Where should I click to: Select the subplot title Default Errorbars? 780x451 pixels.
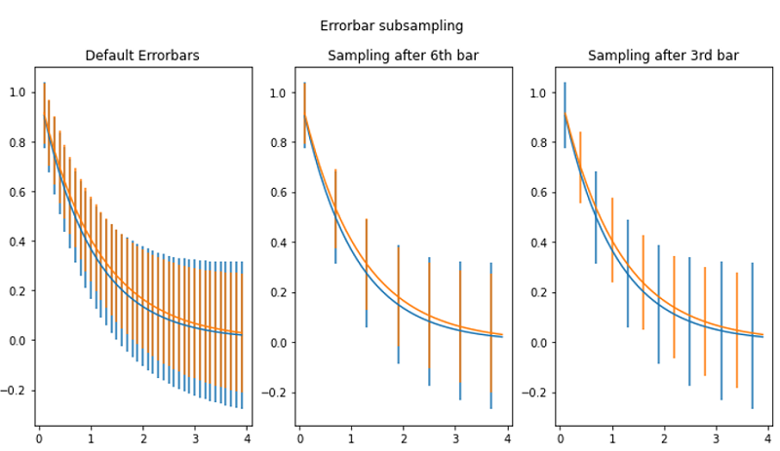[142, 56]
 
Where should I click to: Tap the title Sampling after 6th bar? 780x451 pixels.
[403, 56]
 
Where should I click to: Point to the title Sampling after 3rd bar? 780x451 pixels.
[663, 56]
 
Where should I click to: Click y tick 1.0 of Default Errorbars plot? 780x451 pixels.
[18, 93]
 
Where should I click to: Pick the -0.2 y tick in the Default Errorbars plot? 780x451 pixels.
[15, 391]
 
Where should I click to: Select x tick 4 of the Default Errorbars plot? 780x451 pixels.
[247, 437]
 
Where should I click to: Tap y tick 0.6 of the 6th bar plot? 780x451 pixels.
[278, 193]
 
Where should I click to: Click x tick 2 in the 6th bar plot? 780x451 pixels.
[404, 437]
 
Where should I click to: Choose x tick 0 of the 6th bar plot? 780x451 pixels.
[299, 437]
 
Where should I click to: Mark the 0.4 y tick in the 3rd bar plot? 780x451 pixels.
[538, 243]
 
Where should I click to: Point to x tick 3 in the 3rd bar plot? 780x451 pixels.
[717, 437]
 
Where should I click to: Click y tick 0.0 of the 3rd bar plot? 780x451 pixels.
[538, 342]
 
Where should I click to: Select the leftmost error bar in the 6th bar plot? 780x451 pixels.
[304, 115]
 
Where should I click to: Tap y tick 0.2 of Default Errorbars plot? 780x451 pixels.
[18, 291]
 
